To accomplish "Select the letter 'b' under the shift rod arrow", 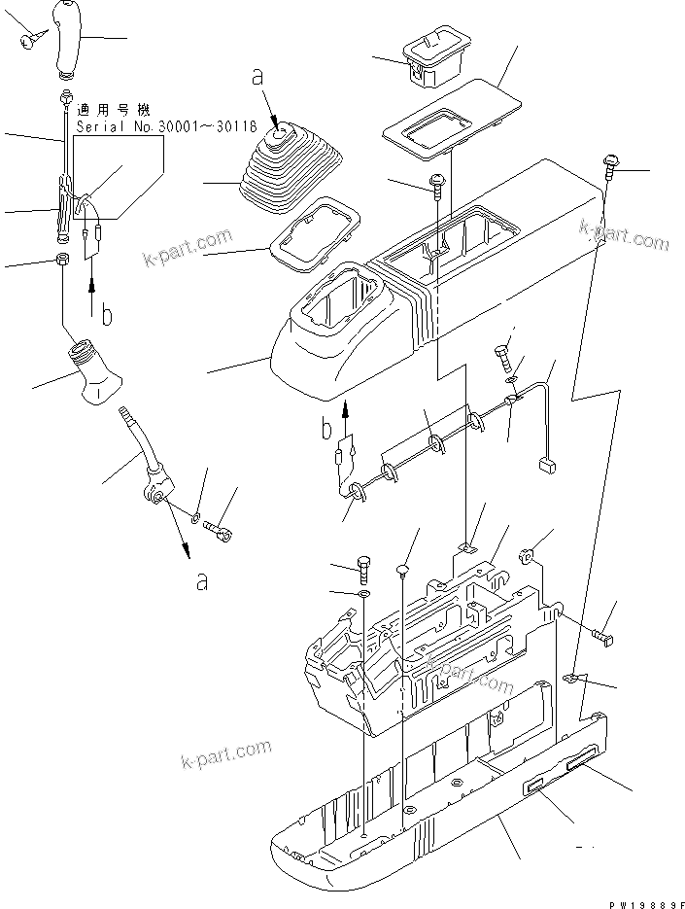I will [x=107, y=315].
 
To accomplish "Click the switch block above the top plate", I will [x=427, y=56].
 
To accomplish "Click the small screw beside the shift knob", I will [x=28, y=39].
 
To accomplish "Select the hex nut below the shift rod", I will [x=61, y=261].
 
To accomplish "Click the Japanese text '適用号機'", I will [x=108, y=112].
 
